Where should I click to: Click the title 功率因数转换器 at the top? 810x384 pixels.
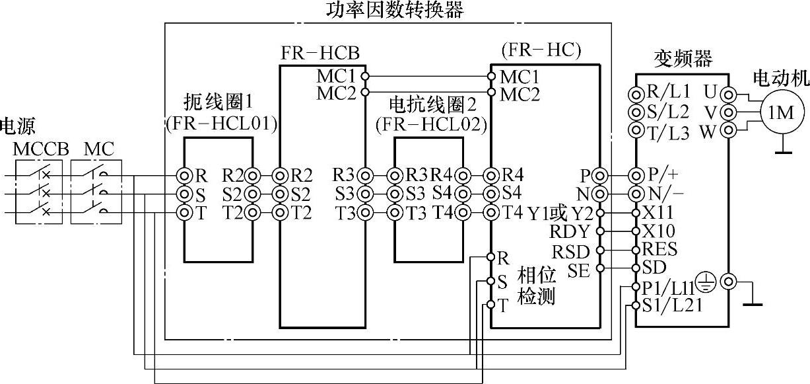pyautogui.click(x=395, y=10)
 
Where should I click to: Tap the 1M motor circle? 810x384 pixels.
pyautogui.click(x=780, y=112)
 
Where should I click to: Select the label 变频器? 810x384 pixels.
pyautogui.click(x=683, y=59)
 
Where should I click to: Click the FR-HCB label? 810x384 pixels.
pyautogui.click(x=320, y=54)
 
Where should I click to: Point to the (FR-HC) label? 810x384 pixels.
pyautogui.click(x=541, y=50)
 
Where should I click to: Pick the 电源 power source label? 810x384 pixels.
pyautogui.click(x=17, y=126)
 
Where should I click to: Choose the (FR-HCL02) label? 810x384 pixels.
pyautogui.click(x=431, y=123)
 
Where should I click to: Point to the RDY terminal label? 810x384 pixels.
pyautogui.click(x=568, y=232)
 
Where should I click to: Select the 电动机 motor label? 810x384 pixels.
pyautogui.click(x=781, y=78)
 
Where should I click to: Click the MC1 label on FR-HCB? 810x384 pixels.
pyautogui.click(x=337, y=75)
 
